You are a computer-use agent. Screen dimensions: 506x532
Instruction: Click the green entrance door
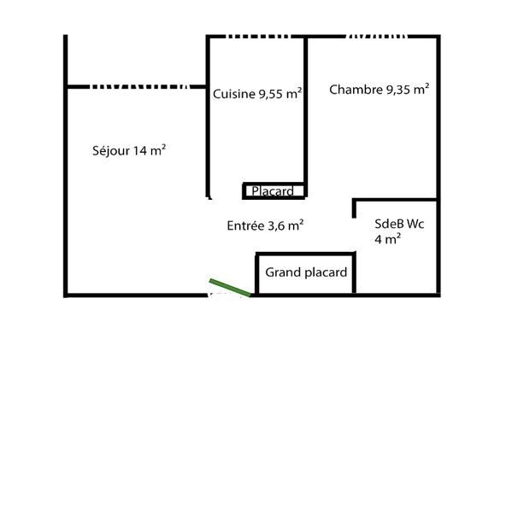[x=230, y=288]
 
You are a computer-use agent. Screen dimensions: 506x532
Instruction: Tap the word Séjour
[x=111, y=150]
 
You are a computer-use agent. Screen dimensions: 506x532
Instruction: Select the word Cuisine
[x=234, y=94]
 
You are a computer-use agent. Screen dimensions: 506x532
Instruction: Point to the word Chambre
[x=356, y=90]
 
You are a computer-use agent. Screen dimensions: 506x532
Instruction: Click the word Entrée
[x=245, y=225]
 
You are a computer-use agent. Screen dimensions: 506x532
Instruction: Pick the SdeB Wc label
[x=399, y=224]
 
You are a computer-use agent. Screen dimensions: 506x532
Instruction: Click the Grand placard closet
[x=305, y=273]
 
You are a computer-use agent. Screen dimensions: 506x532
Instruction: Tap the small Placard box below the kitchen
[x=274, y=190]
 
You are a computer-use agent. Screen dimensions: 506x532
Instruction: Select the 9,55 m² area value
[x=280, y=94]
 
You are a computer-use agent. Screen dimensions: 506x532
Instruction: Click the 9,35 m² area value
[x=408, y=89]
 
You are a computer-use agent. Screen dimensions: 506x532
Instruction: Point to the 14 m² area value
[x=150, y=150]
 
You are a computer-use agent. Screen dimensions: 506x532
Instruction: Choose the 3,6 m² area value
[x=285, y=225]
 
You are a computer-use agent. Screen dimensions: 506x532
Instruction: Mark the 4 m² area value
[x=388, y=239]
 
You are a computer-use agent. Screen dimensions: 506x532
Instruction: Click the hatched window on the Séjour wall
[x=139, y=87]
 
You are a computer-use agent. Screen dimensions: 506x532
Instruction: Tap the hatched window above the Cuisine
[x=258, y=37]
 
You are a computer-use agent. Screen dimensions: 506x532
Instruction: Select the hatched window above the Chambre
[x=376, y=37]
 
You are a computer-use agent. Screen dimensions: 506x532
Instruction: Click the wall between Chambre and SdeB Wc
[x=396, y=200]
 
